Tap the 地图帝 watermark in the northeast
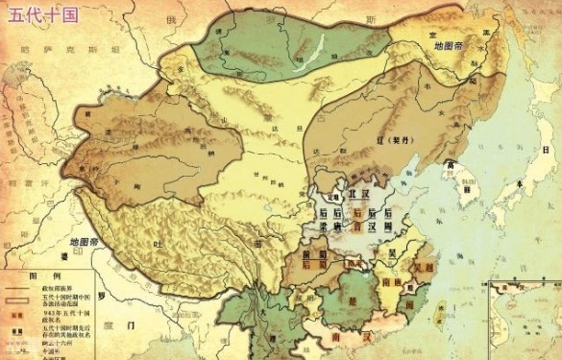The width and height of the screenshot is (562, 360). pos(451,45)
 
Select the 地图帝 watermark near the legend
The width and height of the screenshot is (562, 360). pos(89,242)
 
